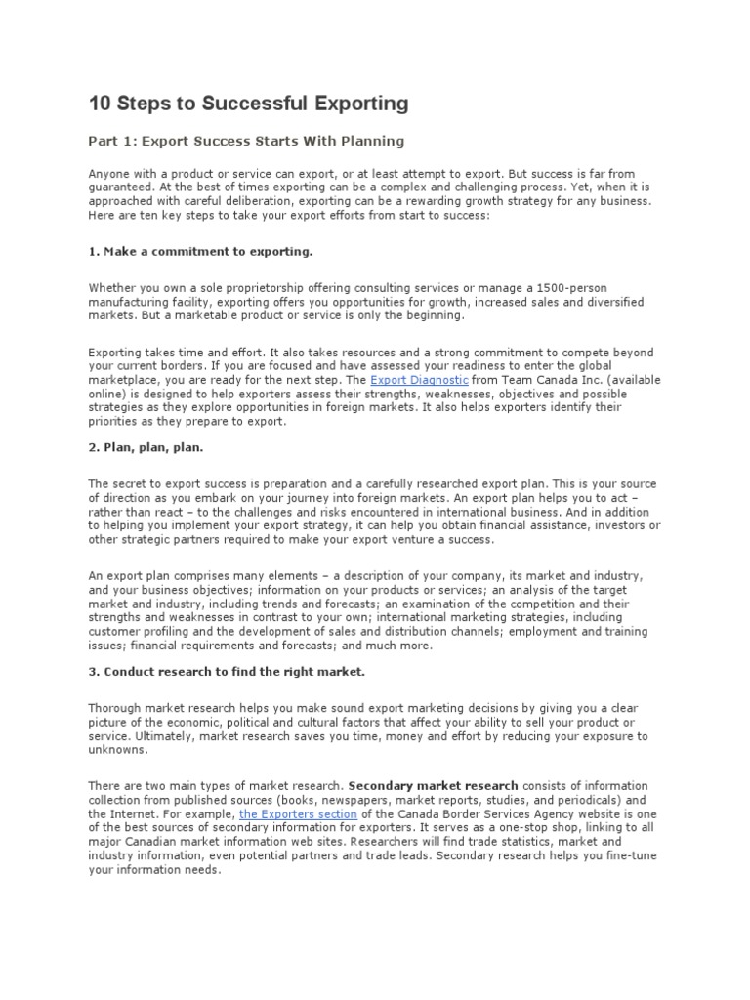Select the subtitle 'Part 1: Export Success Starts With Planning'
pyautogui.click(x=246, y=142)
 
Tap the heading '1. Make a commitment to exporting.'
pyautogui.click(x=200, y=251)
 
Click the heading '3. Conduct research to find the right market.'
pyautogui.click(x=227, y=673)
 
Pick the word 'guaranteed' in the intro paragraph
pyautogui.click(x=121, y=187)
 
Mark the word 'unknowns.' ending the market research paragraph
pyautogui.click(x=117, y=750)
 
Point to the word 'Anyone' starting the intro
pyautogui.click(x=109, y=173)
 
